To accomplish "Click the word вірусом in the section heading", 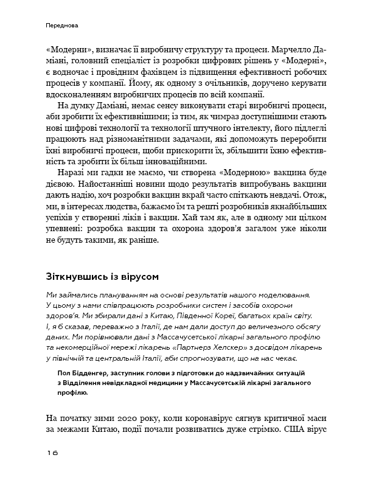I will (x=137, y=277).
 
